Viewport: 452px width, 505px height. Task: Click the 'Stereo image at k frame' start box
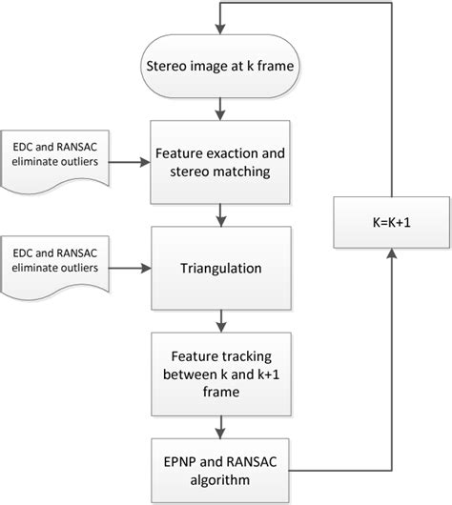coord(221,66)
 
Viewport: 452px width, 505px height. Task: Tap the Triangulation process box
coord(221,269)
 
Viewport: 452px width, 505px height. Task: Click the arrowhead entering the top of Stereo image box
coord(221,31)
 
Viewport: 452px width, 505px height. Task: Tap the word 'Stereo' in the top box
coord(166,66)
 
